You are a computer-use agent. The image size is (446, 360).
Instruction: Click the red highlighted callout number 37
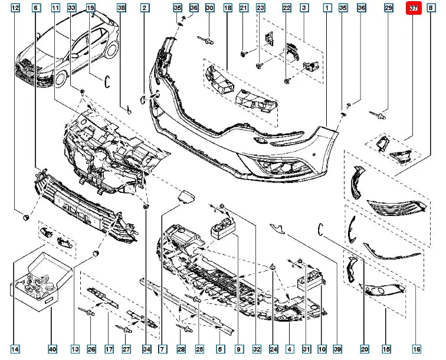point(414,8)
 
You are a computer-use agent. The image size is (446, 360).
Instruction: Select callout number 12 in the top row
point(15,8)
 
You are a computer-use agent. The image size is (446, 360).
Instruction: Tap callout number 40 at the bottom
point(53,349)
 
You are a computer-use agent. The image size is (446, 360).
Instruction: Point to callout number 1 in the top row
point(327,8)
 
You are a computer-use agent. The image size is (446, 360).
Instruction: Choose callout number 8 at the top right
point(431,8)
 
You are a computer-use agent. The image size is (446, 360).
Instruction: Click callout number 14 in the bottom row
point(15,349)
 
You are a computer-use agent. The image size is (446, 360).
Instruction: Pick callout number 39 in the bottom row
point(337,349)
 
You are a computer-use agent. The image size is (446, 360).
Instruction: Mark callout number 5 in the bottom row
point(220,349)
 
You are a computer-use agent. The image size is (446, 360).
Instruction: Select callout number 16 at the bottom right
point(417,349)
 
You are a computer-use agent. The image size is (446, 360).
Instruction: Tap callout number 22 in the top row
point(287,8)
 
